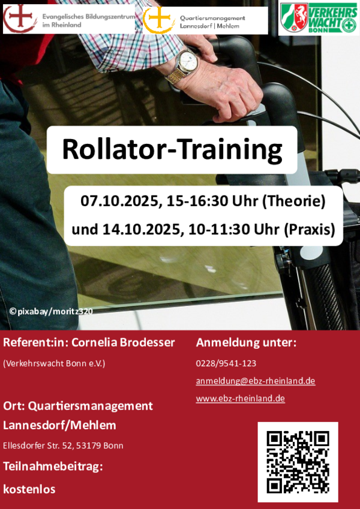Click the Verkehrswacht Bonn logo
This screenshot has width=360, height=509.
(319, 17)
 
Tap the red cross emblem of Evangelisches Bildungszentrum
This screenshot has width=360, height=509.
(19, 17)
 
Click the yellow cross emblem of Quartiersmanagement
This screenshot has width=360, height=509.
(159, 19)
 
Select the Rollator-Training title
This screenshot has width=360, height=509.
(172, 150)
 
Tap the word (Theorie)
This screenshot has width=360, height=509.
(294, 202)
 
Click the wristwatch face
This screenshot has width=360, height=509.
(188, 61)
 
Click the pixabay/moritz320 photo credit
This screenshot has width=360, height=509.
(52, 311)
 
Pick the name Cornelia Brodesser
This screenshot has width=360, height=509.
(123, 342)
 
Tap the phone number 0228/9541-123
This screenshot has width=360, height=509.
(226, 363)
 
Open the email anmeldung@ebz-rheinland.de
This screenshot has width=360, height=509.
(256, 381)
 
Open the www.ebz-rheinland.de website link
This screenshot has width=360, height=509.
(241, 398)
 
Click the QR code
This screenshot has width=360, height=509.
(298, 462)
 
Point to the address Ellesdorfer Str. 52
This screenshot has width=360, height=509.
(38, 445)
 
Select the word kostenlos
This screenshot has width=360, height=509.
(29, 489)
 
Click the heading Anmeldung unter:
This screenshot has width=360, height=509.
(246, 342)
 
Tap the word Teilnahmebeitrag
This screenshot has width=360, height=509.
(52, 466)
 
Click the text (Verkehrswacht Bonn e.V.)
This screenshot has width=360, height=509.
(54, 363)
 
